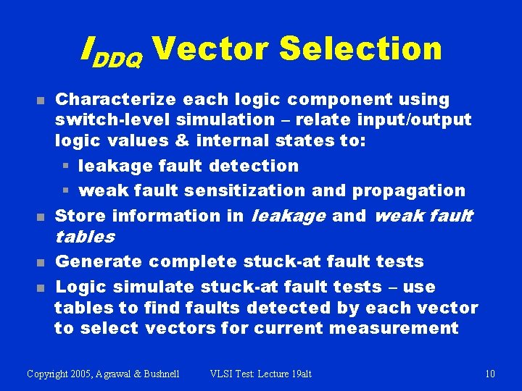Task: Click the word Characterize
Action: coord(118,99)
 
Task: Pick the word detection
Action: coord(254,166)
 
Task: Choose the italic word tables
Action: coord(85,237)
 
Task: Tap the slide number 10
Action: coord(490,374)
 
